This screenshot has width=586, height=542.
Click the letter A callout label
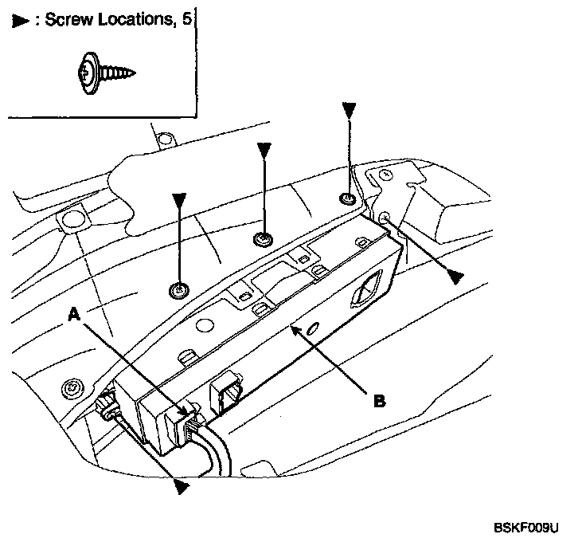[x=74, y=314]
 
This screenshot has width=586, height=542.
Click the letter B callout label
[x=380, y=401]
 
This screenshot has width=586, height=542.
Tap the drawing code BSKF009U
[x=526, y=528]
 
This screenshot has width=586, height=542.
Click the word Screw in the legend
[x=68, y=19]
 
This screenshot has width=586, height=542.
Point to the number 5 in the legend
[x=187, y=18]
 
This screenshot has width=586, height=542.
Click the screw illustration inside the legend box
[x=106, y=73]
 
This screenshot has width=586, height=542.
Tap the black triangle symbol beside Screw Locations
[x=20, y=21]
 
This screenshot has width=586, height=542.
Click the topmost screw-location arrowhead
[x=349, y=111]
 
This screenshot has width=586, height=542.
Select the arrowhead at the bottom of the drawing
[x=182, y=487]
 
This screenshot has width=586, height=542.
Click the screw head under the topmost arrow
[x=348, y=198]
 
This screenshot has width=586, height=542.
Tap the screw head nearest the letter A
[x=179, y=290]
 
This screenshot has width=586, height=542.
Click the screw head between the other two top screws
[x=263, y=239]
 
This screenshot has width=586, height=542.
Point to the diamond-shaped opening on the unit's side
[x=366, y=289]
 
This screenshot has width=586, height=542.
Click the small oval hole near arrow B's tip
[x=313, y=328]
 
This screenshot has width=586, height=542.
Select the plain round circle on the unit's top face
[x=205, y=325]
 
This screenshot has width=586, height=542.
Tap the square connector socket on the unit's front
[x=226, y=393]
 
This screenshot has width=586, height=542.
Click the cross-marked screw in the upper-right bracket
[x=386, y=175]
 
